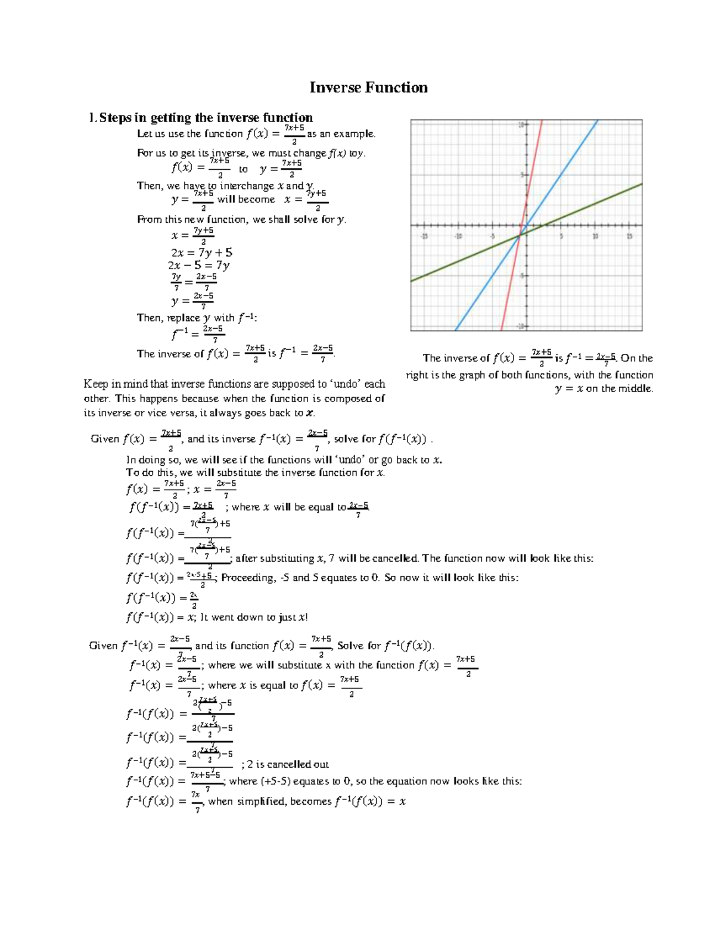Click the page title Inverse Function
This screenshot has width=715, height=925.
pos(368,88)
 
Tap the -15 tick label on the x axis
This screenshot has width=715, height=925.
pos(424,236)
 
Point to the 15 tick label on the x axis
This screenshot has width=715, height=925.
pos(629,236)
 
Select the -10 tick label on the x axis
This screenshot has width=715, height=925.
pos(458,236)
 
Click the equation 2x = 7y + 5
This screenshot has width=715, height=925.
pos(201,253)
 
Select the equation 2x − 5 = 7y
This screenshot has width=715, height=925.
pos(198,266)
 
